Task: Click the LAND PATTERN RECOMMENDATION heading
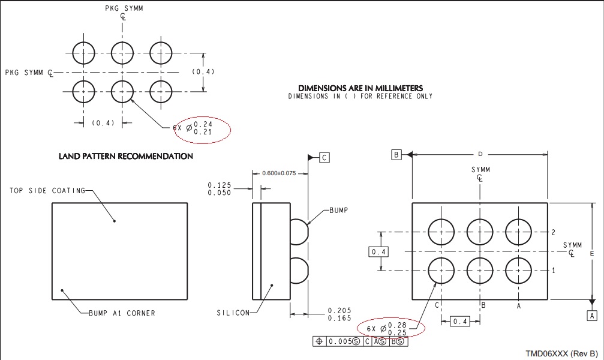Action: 125,156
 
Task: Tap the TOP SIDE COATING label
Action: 47,190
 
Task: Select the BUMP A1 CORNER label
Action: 122,313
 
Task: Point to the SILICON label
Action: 233,313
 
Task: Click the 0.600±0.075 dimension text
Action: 279,173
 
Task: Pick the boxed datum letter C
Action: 324,158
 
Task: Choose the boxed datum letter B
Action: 396,155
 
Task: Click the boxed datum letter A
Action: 592,316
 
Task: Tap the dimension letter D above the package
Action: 480,154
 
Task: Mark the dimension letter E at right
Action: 591,253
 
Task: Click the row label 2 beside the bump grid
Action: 554,232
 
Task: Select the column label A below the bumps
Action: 519,306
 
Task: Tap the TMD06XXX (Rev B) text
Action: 562,353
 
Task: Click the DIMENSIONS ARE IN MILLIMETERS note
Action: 360,88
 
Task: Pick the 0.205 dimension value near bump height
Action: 339,310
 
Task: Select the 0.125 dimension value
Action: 219,185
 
